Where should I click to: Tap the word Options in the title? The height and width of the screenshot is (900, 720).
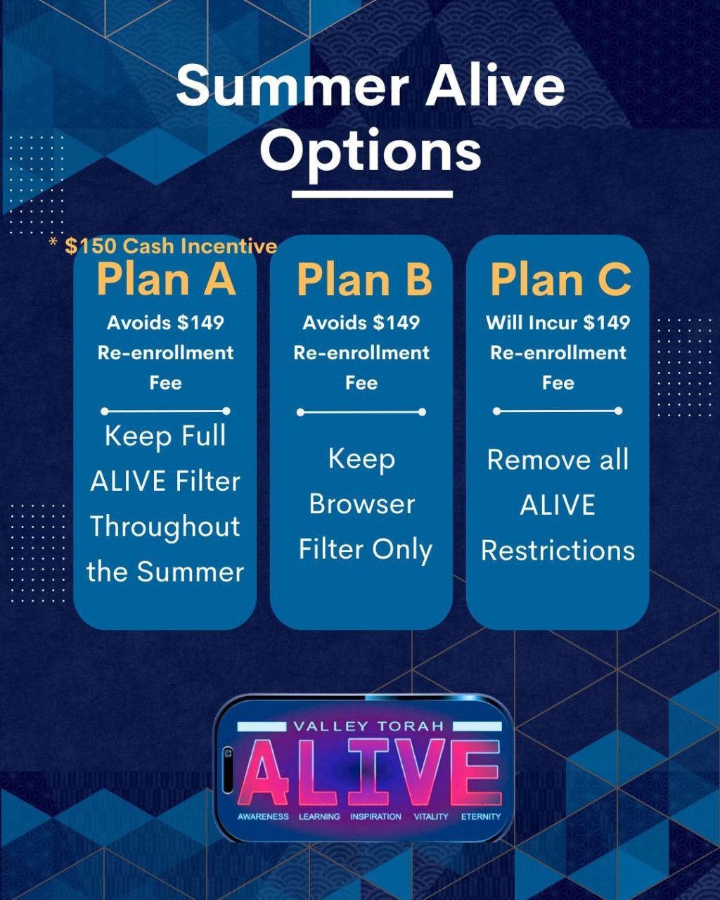[371, 152]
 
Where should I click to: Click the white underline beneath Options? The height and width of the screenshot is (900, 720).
[372, 194]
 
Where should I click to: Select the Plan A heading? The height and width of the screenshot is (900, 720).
[166, 279]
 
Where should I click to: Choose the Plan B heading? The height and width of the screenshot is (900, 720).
[364, 280]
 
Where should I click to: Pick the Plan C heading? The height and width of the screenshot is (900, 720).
[560, 280]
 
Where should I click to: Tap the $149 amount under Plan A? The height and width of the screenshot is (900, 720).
[200, 323]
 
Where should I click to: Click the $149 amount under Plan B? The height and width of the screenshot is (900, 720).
[396, 323]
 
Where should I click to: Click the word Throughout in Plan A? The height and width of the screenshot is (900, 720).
[165, 527]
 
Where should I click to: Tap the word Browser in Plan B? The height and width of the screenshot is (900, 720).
[361, 504]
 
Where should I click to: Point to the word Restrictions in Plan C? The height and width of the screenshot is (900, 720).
[558, 550]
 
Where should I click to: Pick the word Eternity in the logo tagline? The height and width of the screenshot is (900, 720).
[481, 816]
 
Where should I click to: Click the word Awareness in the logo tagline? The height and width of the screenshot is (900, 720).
[263, 816]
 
